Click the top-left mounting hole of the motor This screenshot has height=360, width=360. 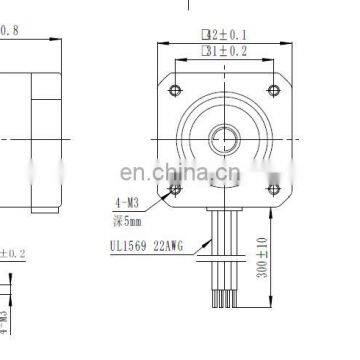(x=177, y=91)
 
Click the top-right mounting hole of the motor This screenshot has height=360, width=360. (x=271, y=91)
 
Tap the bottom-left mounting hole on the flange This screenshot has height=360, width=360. (x=177, y=187)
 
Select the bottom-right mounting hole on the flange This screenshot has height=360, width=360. (x=271, y=187)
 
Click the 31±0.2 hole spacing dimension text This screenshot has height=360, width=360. (x=224, y=49)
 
